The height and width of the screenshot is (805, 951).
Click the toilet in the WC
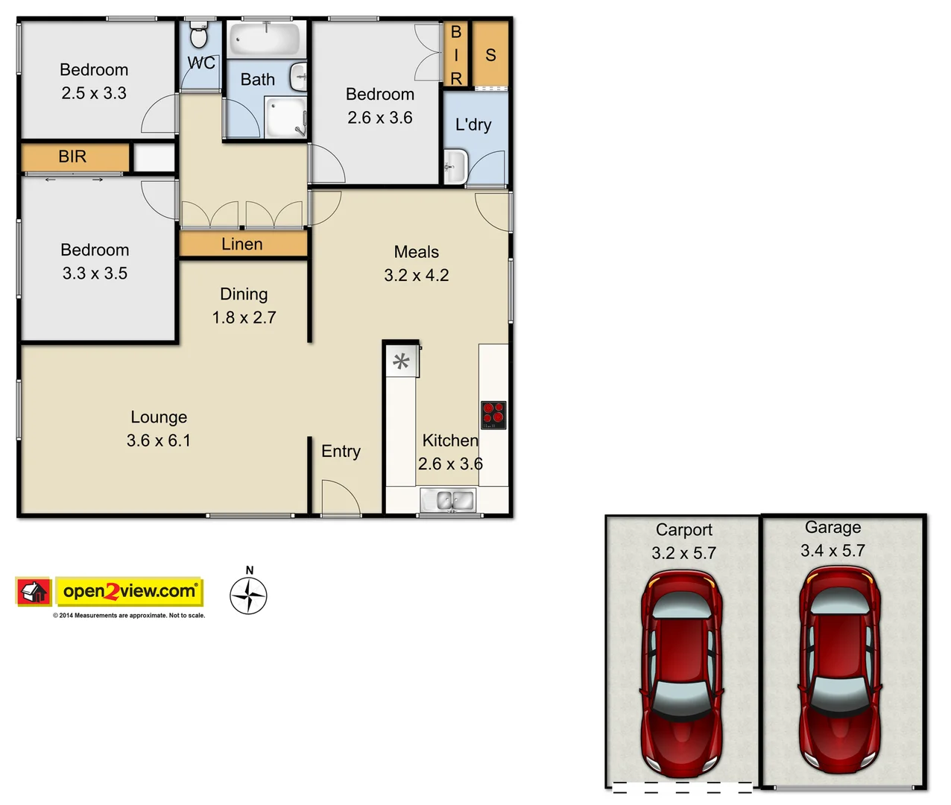tap(199, 35)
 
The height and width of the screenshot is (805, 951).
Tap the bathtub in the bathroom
tap(265, 39)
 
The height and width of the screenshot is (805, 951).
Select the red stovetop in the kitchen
tap(493, 415)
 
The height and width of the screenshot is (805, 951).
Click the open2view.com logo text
tap(130, 592)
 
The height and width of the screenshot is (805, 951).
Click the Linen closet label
tap(242, 244)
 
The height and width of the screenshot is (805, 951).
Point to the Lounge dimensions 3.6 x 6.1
tap(159, 441)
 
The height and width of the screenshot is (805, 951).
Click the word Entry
tap(341, 451)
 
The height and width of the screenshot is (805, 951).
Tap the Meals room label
tap(417, 252)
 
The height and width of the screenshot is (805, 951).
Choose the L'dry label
tap(473, 124)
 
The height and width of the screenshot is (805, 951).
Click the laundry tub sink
tap(455, 166)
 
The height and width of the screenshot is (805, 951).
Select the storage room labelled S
tap(490, 54)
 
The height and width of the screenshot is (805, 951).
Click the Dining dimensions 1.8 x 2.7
tap(244, 318)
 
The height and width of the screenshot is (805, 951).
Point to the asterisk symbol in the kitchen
tap(401, 362)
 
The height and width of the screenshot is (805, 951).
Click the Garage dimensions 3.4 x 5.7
tap(832, 551)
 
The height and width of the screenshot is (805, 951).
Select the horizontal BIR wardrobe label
tap(72, 157)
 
